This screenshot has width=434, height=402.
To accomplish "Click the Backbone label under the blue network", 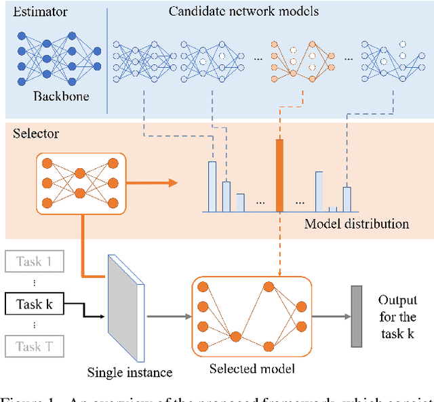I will (60, 96).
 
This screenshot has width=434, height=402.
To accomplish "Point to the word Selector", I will (36, 134).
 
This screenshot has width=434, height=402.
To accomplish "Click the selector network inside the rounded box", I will (79, 182).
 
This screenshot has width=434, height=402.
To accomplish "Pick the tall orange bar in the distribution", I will (279, 176).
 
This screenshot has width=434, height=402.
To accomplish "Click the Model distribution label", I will (355, 224).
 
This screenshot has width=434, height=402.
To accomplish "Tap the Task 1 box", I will (33, 262).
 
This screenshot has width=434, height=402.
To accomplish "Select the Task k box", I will (33, 304).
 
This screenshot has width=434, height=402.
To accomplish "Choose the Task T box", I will (33, 346).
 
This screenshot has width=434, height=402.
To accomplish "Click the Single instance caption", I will (130, 372).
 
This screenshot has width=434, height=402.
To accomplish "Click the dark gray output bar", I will (356, 315).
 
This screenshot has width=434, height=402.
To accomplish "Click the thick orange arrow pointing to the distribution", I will (152, 182).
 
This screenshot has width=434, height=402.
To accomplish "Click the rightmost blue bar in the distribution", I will (347, 199).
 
